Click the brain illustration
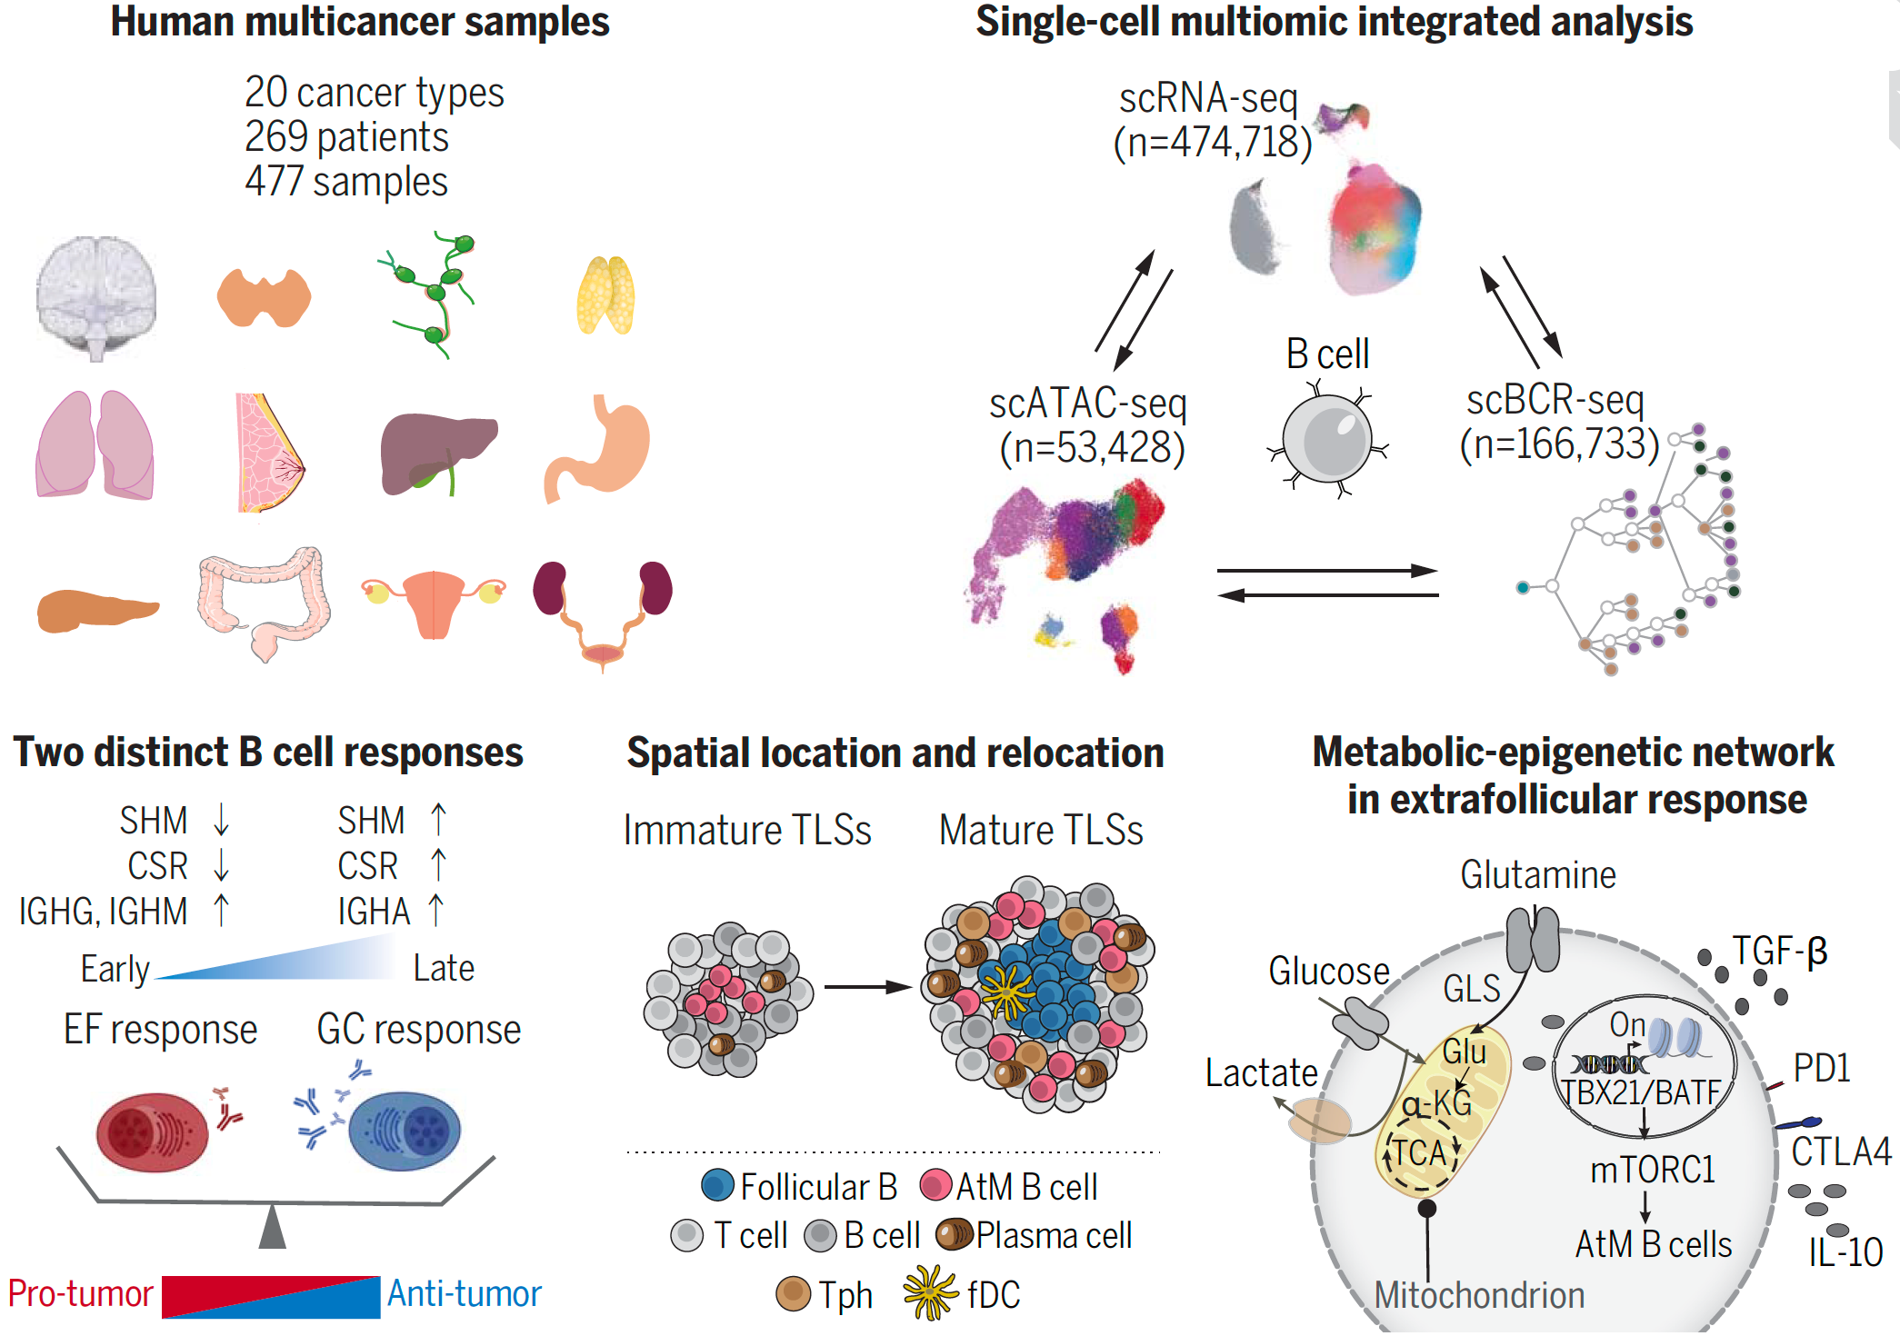pos(95,295)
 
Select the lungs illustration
pos(95,444)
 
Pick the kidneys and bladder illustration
pos(602,609)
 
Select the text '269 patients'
pos(346,137)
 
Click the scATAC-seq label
pos(1088,403)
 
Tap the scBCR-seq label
pos(1555,400)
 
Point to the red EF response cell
pos(153,1132)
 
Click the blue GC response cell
pos(405,1131)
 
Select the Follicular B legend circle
pos(717,1185)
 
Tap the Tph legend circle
pos(793,1293)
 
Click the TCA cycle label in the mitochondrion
pos(1420,1152)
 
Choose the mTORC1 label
pos(1652,1170)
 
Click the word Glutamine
pos(1538,874)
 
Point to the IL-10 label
pos(1845,1252)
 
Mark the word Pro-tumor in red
pos(80,1293)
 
